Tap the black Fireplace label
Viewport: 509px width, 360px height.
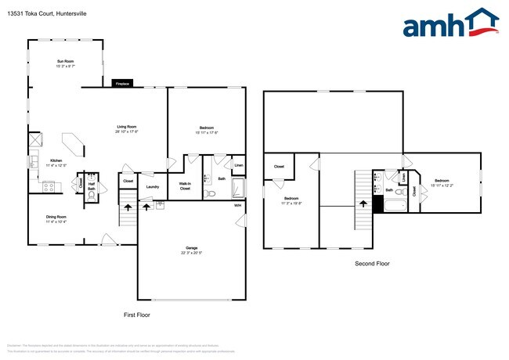click(x=122, y=83)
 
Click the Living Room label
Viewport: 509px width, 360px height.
click(x=127, y=127)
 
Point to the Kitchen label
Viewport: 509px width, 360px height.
click(x=56, y=160)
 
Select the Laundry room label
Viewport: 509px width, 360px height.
click(x=153, y=186)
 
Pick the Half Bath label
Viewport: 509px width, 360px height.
click(x=92, y=186)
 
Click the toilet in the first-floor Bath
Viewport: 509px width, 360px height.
click(x=208, y=193)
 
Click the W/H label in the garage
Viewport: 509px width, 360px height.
click(x=238, y=205)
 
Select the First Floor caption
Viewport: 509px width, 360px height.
click(x=137, y=315)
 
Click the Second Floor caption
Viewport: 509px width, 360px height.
click(x=371, y=264)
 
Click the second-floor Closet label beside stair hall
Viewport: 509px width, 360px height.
click(x=279, y=166)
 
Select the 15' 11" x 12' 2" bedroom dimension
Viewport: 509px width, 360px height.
click(x=441, y=185)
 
